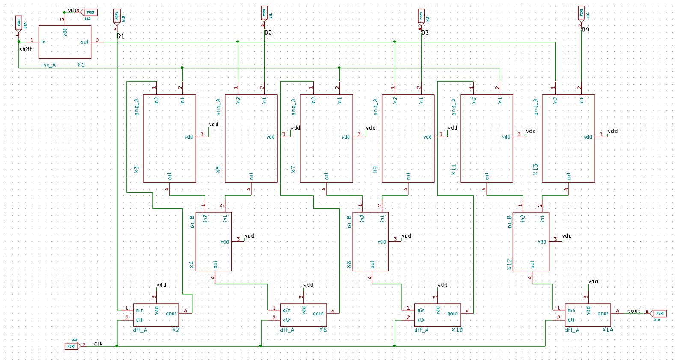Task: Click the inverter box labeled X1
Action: pyautogui.click(x=65, y=42)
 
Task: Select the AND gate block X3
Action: pyautogui.click(x=169, y=138)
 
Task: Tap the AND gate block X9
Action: pyautogui.click(x=408, y=138)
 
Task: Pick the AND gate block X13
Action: pyautogui.click(x=568, y=138)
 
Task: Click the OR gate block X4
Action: pyautogui.click(x=213, y=241)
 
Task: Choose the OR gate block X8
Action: pyautogui.click(x=370, y=241)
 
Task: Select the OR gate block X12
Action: pyautogui.click(x=531, y=241)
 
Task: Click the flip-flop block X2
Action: pyautogui.click(x=156, y=315)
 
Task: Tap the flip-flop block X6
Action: pyautogui.click(x=303, y=315)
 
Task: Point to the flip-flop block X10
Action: pyautogui.click(x=437, y=315)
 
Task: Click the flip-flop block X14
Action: pyautogui.click(x=587, y=315)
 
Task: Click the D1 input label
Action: pyautogui.click(x=121, y=36)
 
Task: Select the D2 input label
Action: pyautogui.click(x=268, y=33)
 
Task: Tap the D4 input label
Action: pyautogui.click(x=585, y=29)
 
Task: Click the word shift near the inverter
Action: pyautogui.click(x=26, y=49)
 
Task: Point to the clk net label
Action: pyautogui.click(x=98, y=343)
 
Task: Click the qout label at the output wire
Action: pyautogui.click(x=633, y=311)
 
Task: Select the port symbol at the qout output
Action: pyautogui.click(x=659, y=314)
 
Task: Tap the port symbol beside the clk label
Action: pyautogui.click(x=72, y=346)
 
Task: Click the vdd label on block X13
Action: pyautogui.click(x=613, y=131)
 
